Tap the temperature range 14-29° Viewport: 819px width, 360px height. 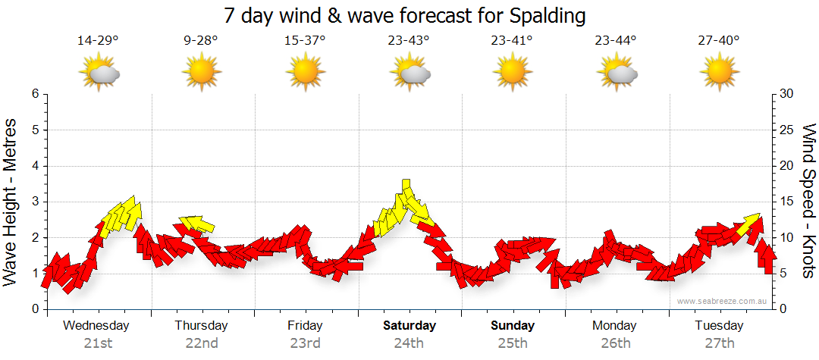(98, 40)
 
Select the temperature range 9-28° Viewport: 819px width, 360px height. (201, 40)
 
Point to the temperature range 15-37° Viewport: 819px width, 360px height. (305, 40)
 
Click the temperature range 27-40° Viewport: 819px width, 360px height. (719, 40)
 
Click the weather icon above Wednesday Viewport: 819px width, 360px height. (99, 73)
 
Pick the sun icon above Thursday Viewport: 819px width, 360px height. (201, 73)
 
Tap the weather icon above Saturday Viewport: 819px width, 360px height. (410, 73)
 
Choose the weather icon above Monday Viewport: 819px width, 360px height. (617, 73)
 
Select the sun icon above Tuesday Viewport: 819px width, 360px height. (719, 73)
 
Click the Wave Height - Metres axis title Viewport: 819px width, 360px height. (11, 202)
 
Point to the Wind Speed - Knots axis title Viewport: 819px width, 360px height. (808, 202)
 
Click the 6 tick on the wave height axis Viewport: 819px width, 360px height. (35, 94)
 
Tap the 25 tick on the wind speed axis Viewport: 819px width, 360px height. (787, 130)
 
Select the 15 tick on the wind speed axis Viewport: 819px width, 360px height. (787, 202)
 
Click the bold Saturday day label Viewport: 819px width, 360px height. (409, 326)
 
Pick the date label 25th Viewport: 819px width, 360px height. (513, 343)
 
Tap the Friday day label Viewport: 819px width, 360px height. (305, 326)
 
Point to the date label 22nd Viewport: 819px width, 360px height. (202, 343)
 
